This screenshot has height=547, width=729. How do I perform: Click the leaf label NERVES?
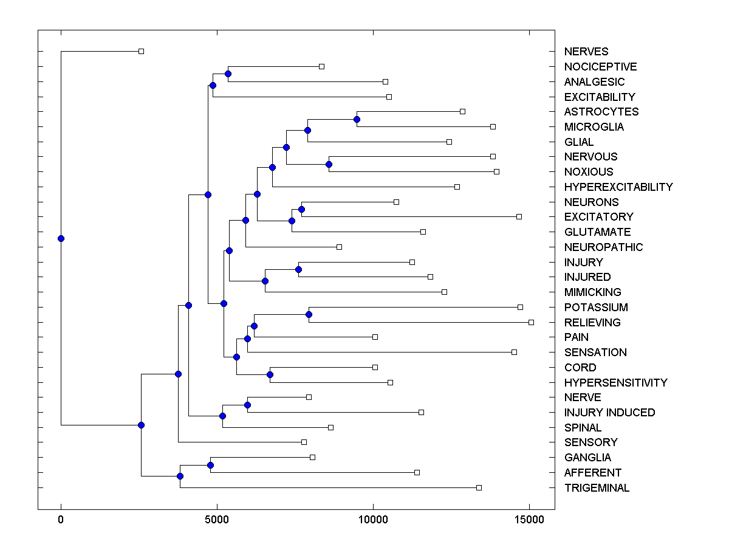coord(586,52)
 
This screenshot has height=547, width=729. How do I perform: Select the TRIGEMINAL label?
coord(597,488)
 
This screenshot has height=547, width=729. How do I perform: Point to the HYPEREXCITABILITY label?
coord(618,187)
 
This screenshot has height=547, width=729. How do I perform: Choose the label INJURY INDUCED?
coord(609,413)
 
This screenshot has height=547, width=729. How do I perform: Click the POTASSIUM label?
coord(596,308)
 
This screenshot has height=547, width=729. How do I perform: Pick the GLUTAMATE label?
coord(597,232)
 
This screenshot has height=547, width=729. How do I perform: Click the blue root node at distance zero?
coord(61,238)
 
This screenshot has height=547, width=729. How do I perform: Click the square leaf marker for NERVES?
coord(141,52)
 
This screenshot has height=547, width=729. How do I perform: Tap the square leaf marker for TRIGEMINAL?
coord(479,487)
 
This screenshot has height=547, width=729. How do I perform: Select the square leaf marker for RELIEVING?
coord(531,322)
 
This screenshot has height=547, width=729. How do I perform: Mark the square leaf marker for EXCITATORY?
coord(519,216)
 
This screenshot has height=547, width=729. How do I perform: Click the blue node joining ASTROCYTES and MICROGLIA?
coord(357,119)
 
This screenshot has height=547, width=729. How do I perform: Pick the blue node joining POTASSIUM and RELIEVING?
coord(309,314)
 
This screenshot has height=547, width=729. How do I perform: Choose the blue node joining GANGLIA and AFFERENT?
coord(210,465)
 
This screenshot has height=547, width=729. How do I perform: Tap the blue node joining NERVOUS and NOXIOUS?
coord(329,164)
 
